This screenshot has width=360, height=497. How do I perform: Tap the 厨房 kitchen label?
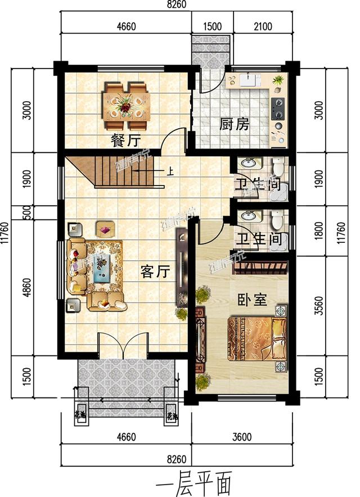pos(234,124)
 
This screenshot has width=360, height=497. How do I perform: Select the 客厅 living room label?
pos(155,272)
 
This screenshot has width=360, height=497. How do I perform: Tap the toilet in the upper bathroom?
pos(277,167)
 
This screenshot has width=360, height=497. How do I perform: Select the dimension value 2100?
pos(263,26)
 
